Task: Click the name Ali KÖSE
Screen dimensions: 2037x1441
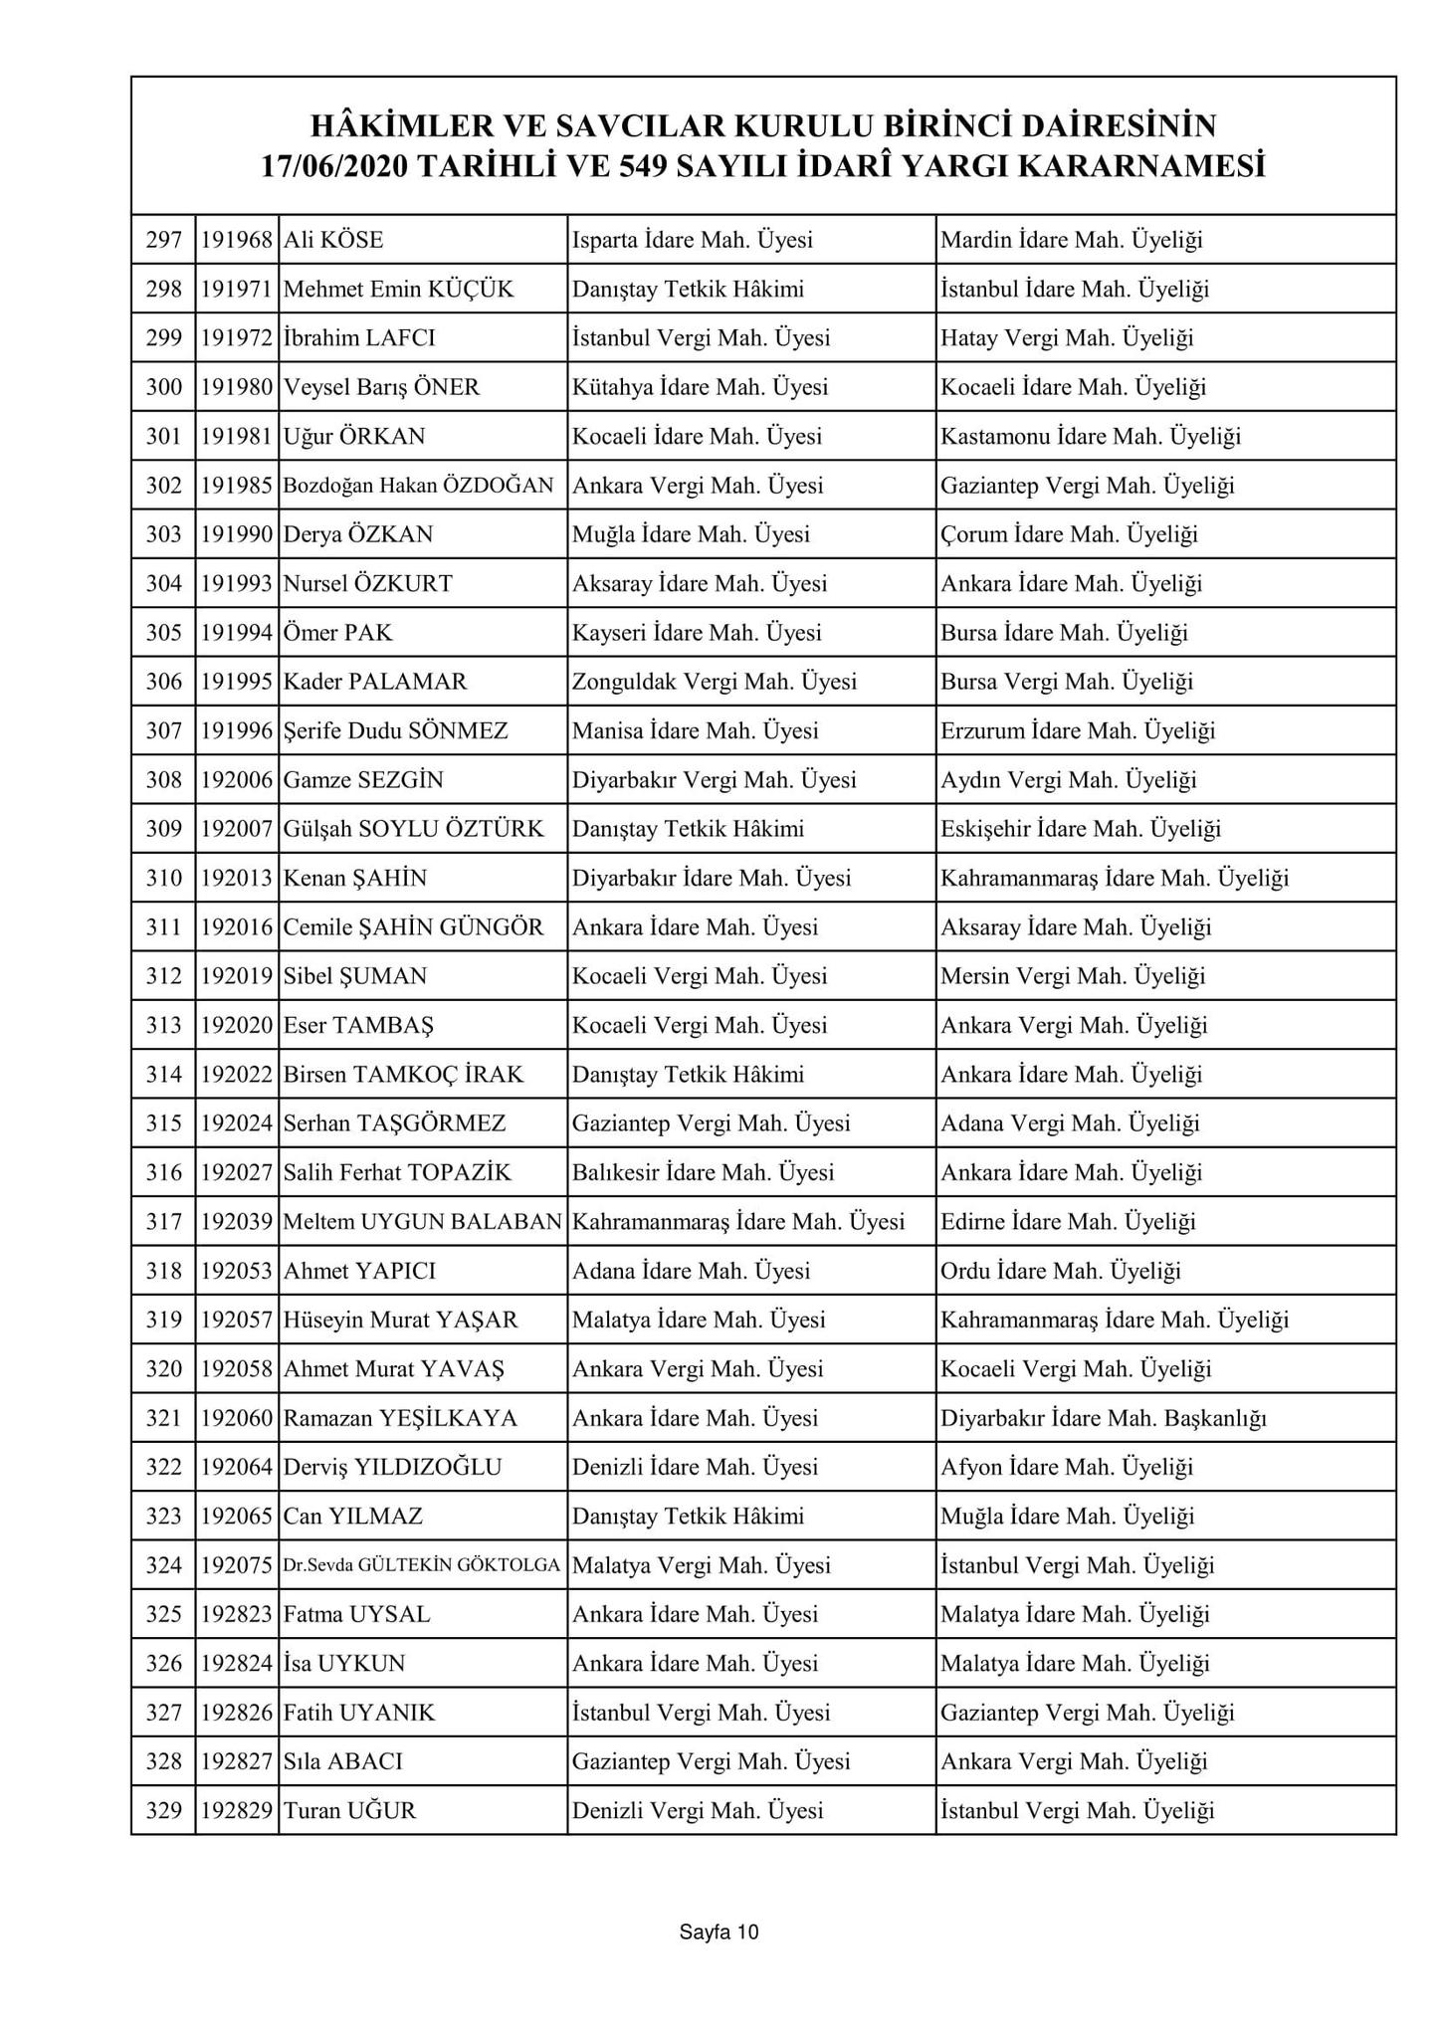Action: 333,240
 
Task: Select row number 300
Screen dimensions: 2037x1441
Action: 164,387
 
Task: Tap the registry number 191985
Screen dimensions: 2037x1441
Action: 237,486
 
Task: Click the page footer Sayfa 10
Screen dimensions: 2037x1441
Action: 719,1932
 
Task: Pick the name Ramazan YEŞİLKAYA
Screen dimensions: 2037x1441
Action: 400,1418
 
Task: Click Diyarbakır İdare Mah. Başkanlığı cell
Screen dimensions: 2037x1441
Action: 1103,1418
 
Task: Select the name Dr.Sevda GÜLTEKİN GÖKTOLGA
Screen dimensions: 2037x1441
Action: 422,1565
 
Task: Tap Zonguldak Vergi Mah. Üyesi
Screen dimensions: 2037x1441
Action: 714,682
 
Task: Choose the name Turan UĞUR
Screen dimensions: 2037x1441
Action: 349,1811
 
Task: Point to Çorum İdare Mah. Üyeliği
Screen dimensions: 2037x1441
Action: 1069,534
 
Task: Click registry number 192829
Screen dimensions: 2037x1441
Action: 237,1811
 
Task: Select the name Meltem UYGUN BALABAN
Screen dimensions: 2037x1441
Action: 422,1222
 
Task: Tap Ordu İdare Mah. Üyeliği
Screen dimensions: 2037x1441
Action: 1060,1271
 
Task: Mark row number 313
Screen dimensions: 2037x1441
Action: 164,1025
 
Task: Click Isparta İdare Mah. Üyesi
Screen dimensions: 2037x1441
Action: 692,240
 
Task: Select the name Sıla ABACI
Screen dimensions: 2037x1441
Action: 343,1761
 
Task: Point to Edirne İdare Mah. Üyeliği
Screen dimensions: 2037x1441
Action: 1068,1222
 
